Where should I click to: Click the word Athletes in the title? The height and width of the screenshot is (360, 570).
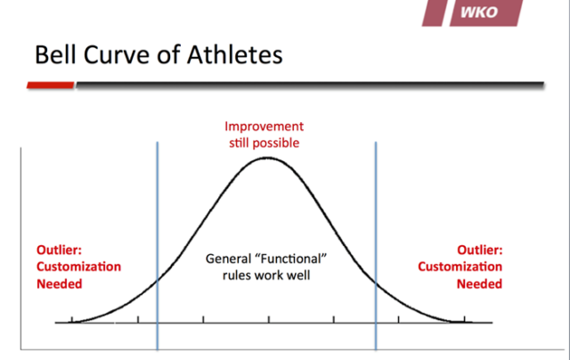226,55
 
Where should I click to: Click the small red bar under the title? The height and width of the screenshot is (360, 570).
50,86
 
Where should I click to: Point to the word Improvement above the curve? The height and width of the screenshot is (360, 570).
264,127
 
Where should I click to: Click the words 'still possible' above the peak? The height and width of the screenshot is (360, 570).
264,143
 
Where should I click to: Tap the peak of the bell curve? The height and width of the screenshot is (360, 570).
266,158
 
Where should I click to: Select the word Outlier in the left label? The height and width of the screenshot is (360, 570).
56,250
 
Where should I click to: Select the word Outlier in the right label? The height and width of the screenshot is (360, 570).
479,250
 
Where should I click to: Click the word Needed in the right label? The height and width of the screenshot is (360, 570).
479,283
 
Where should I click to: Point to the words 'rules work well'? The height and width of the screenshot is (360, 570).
267,274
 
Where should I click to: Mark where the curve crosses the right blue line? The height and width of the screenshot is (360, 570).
375,283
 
